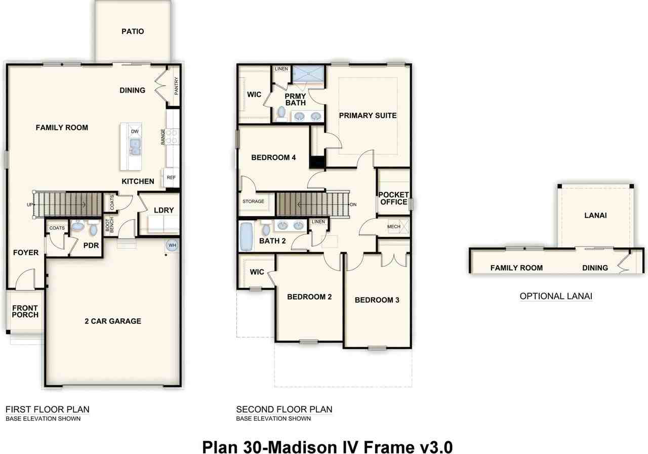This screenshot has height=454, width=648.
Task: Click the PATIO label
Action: point(133,31)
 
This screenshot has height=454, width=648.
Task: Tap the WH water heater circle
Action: point(172,245)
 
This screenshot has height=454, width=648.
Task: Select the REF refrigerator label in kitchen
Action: point(171,178)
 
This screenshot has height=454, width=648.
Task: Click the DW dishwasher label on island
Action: point(135,132)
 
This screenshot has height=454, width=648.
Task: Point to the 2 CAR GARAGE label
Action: point(113,321)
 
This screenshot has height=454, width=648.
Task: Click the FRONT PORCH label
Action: point(25,311)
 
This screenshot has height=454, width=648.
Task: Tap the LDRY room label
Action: point(164,210)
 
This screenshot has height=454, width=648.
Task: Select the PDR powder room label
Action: point(91,245)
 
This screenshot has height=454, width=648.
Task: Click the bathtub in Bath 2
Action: point(246,236)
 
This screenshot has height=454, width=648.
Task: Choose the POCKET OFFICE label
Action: point(393,198)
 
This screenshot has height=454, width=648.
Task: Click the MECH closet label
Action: point(393,226)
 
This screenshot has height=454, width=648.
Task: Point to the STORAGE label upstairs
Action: point(253,201)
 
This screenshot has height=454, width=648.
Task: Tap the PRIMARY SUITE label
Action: point(368,115)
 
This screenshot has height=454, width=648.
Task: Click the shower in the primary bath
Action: point(308,73)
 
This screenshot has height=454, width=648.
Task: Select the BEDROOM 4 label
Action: point(273,157)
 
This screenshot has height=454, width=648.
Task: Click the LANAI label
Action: point(595,216)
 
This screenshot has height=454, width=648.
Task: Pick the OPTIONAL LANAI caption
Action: point(556,296)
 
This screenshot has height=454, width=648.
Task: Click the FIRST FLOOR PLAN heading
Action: point(48,409)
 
